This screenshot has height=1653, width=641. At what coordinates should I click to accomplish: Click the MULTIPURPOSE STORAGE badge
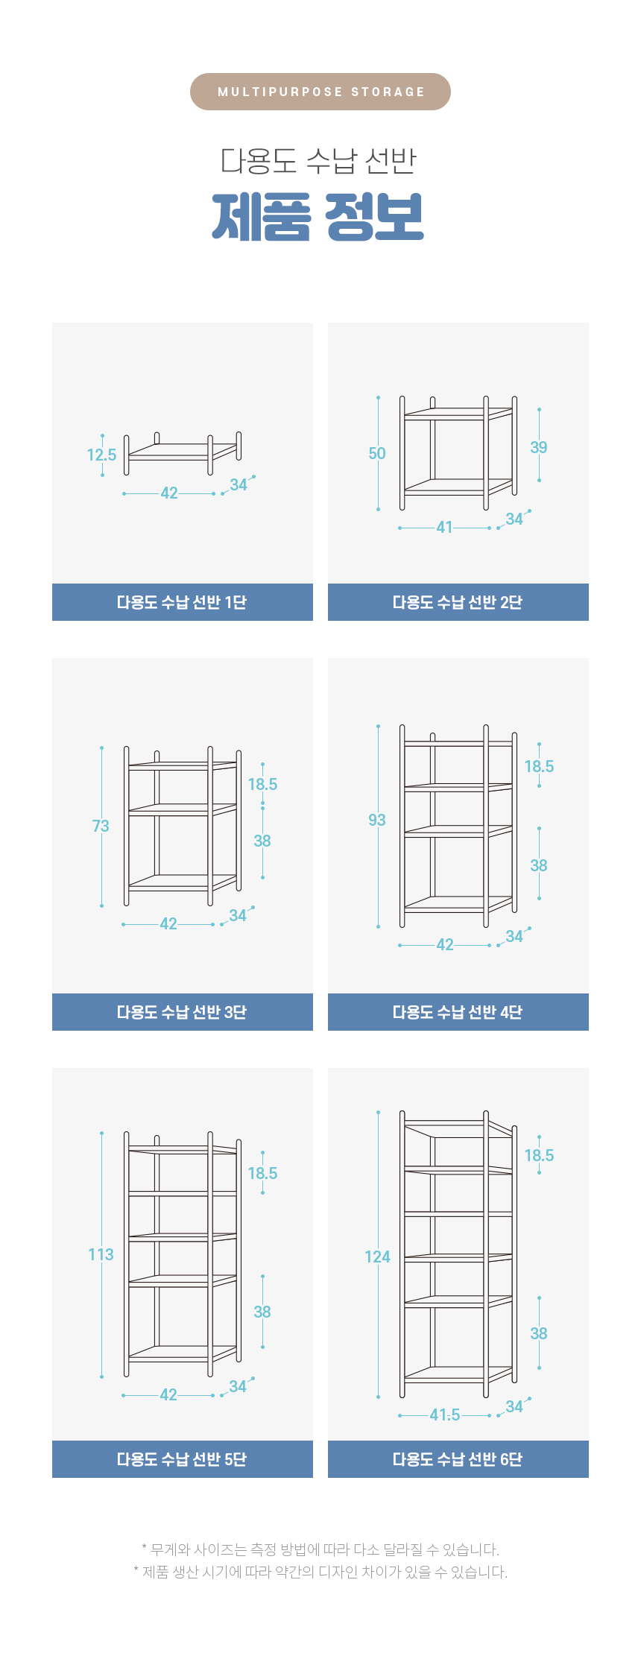pos(320,92)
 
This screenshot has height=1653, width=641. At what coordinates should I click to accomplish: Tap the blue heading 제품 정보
pos(318,217)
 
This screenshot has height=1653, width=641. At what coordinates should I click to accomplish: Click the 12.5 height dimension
pos(101,455)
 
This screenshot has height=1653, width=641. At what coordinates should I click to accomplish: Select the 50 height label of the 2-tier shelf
pos(377,453)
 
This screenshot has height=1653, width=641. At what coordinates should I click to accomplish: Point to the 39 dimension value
pos(539,447)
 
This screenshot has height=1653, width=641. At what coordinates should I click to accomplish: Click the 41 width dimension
pos(444,527)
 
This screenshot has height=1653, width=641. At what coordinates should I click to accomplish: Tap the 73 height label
pos(101,826)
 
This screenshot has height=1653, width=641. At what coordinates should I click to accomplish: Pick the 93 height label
pos(377,820)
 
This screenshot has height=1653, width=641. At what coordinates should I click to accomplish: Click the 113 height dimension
pos(101,1254)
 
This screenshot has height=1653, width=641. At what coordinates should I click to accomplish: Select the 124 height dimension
pos(377,1257)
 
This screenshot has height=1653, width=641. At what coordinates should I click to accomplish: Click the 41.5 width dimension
pos(445,1415)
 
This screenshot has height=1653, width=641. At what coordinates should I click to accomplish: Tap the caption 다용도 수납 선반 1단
pos(182,602)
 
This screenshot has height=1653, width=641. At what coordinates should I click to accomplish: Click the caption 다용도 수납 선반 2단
pos(458,602)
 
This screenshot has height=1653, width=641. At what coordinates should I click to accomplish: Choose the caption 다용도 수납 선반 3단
pos(182,1012)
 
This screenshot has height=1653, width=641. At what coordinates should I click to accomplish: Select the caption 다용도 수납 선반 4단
pos(458,1012)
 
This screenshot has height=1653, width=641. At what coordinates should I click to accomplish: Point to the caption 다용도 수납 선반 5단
pos(182,1459)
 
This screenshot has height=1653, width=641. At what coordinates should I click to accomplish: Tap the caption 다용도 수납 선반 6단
pos(458,1459)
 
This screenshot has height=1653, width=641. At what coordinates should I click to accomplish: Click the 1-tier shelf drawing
pos(183,452)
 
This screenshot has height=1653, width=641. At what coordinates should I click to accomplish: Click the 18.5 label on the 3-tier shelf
pos(262,784)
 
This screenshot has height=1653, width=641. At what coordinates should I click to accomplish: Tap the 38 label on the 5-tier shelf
pos(262,1312)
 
